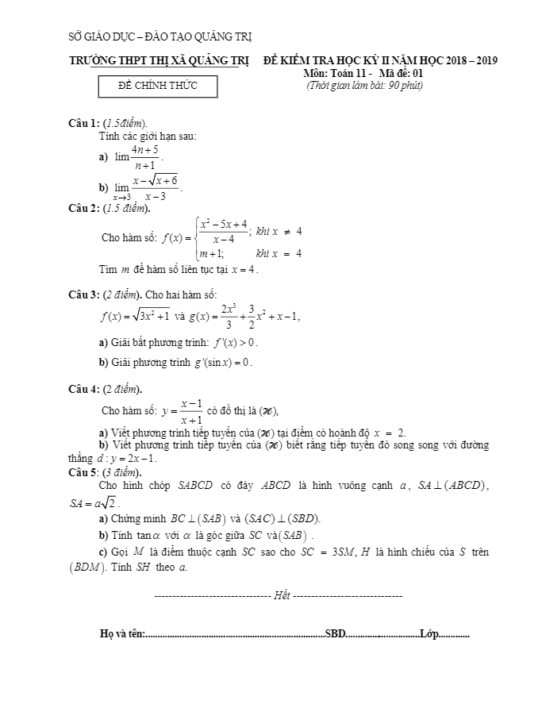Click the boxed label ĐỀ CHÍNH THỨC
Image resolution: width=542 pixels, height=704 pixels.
coord(157,85)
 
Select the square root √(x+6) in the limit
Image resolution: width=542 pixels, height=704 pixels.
coord(163,181)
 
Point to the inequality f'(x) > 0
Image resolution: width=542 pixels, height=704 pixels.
coord(235,343)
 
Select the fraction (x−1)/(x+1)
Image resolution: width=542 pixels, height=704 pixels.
coord(190,410)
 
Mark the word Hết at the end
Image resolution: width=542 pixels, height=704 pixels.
coord(281,595)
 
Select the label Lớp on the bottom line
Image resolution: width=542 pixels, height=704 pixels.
coord(429,634)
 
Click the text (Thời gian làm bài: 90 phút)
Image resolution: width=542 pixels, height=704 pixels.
coord(364,85)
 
